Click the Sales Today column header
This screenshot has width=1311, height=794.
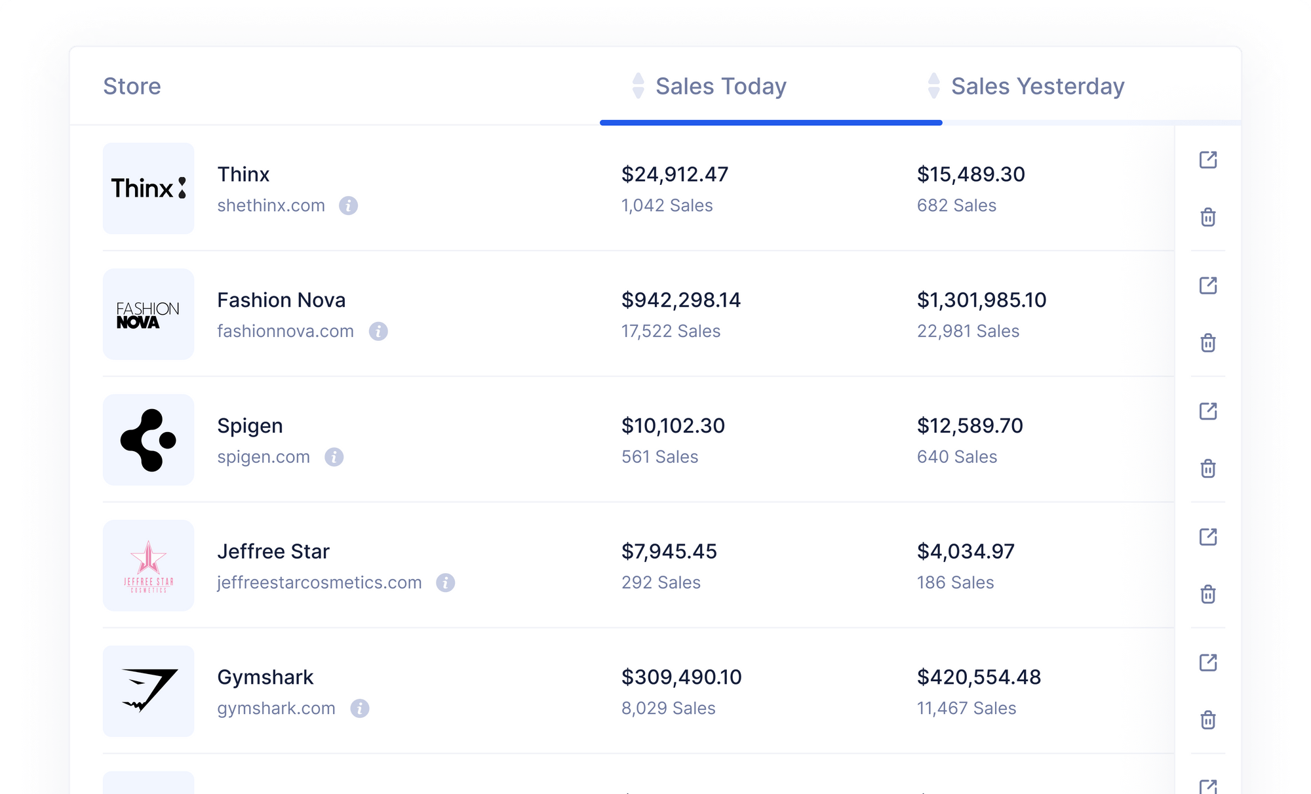click(x=720, y=87)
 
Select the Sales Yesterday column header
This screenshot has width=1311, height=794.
click(x=1037, y=87)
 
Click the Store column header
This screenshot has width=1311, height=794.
click(x=132, y=87)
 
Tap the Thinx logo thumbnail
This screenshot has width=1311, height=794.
click(x=149, y=188)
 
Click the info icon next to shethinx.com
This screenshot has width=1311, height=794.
click(x=348, y=206)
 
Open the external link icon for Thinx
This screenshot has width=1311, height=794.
click(x=1208, y=160)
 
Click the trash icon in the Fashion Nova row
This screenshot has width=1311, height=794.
click(x=1208, y=343)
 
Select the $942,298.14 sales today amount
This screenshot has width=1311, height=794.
click(x=681, y=300)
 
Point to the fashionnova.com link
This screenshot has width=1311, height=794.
click(x=285, y=332)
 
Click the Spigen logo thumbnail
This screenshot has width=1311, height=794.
click(x=149, y=440)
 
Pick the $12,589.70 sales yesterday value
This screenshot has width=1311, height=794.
click(x=969, y=426)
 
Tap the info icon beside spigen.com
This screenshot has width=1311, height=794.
click(x=334, y=457)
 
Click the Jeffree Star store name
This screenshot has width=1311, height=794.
click(x=273, y=552)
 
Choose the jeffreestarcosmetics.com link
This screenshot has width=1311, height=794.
click(x=319, y=583)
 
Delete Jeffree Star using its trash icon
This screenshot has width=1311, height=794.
click(x=1208, y=595)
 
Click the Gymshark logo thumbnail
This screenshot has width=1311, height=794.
click(x=149, y=691)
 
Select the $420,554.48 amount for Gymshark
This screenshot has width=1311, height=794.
click(x=979, y=677)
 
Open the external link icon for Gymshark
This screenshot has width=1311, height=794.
click(x=1208, y=663)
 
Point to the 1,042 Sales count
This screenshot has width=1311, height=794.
click(x=667, y=206)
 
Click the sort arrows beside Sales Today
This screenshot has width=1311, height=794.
click(x=638, y=86)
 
